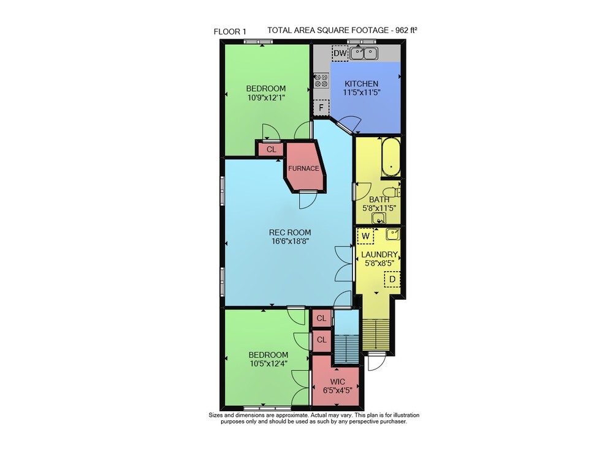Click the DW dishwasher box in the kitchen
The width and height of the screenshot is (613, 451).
(340, 53)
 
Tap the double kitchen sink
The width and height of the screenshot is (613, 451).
(364, 53)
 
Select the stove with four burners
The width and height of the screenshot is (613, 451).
(321, 80)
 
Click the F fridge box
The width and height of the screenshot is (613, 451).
(321, 107)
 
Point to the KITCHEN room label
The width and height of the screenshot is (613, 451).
(361, 83)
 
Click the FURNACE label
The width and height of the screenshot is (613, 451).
(304, 168)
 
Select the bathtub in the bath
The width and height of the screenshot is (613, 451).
(390, 157)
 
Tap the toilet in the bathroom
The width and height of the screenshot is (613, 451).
(391, 192)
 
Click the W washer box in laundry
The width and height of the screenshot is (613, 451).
(365, 236)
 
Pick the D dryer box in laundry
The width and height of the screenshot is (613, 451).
(392, 279)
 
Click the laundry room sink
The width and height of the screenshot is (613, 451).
(392, 234)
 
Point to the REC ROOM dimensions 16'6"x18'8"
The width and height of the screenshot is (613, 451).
(290, 241)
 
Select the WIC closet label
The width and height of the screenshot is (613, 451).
(337, 382)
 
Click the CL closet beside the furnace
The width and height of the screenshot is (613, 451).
(271, 149)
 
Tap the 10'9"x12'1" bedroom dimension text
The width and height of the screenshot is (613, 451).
(266, 97)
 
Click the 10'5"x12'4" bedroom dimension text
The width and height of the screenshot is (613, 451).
(268, 363)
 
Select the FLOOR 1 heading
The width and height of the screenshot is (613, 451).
(230, 32)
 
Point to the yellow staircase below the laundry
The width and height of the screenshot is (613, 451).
(376, 334)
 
